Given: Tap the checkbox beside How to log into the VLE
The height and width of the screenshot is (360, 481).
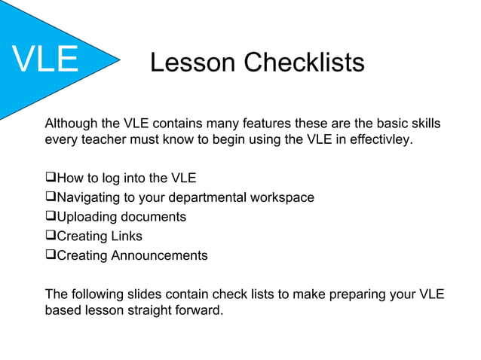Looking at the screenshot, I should pos(51,178).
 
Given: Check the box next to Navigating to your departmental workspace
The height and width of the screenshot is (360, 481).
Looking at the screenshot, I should pos(51,198).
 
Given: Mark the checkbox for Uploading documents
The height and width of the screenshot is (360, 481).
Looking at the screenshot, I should pos(51,217).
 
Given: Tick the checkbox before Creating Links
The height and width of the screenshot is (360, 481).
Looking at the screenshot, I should pos(51,236).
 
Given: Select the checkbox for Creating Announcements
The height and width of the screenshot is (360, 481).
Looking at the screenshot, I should pos(51,255).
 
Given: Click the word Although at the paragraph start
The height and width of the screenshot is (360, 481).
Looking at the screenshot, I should pos(72,124).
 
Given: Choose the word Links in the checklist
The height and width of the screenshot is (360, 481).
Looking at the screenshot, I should pos(127,236).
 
